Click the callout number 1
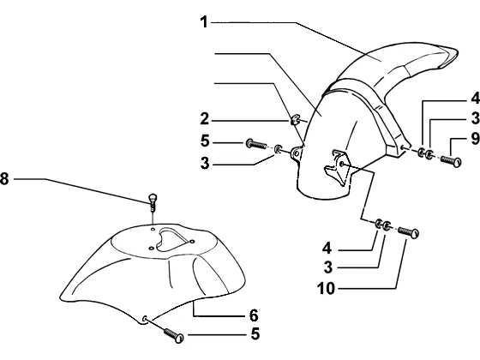click(x=204, y=22)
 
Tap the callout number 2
click(x=205, y=119)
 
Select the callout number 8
click(x=4, y=179)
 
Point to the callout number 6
click(x=254, y=315)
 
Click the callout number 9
click(x=476, y=138)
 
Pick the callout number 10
click(x=326, y=288)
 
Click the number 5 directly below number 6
click(x=255, y=333)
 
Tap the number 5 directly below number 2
click(x=205, y=141)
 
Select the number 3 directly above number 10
click(x=328, y=267)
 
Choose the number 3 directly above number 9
click(x=476, y=118)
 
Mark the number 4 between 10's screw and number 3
click(x=327, y=248)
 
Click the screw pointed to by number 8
click(x=153, y=202)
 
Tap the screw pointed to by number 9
click(x=451, y=161)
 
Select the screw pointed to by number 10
click(x=408, y=232)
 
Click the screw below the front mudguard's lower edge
click(x=174, y=335)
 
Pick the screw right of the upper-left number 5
click(x=256, y=144)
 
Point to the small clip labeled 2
click(x=295, y=119)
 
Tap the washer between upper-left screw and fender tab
click(x=279, y=149)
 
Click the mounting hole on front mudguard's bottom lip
click(x=145, y=319)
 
